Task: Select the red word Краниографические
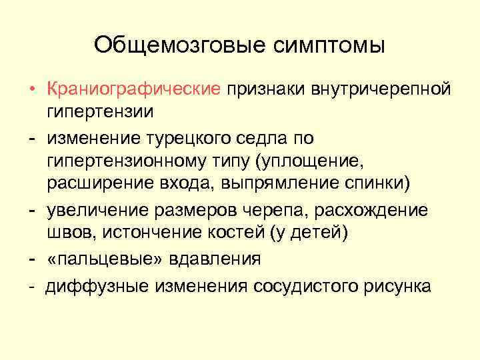click(133, 89)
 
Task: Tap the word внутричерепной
click(382, 89)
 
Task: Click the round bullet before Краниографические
click(31, 89)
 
